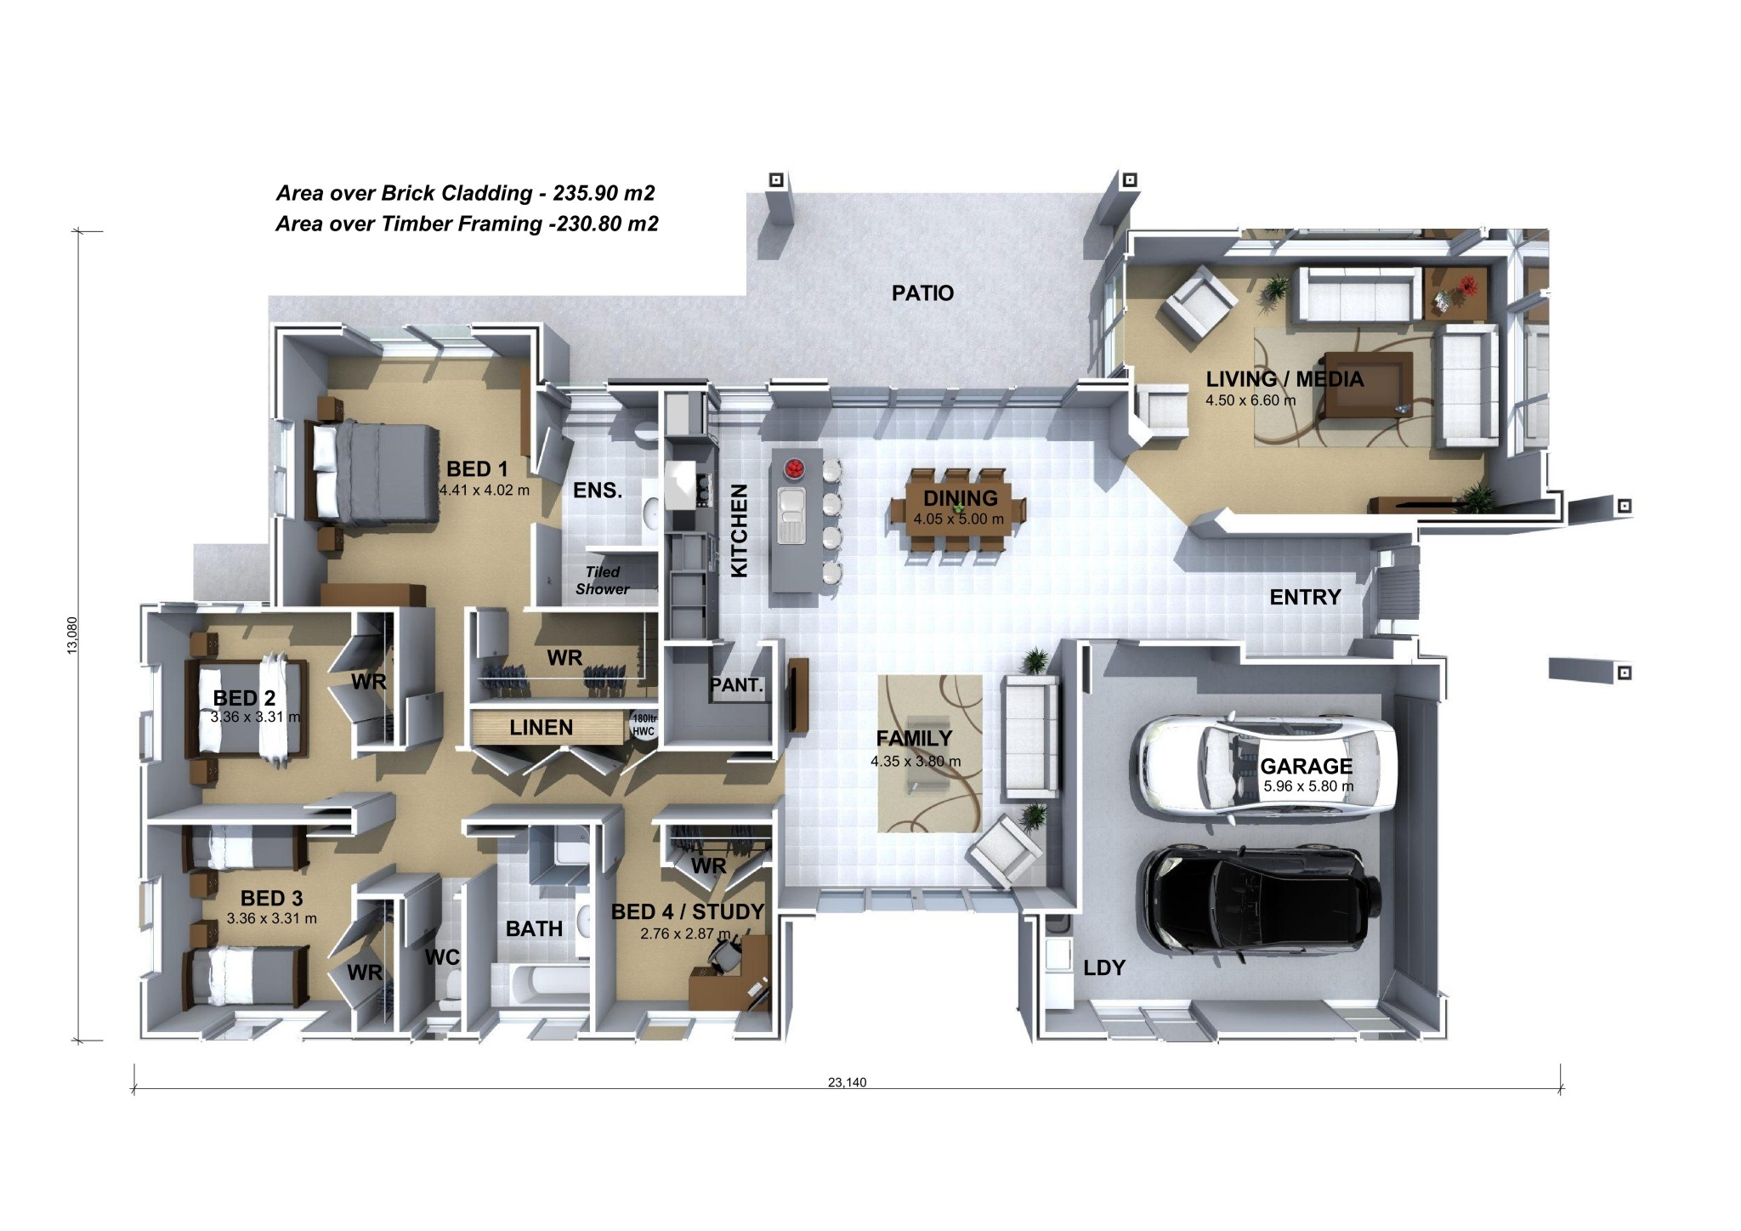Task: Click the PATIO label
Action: (922, 293)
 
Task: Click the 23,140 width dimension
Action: (848, 1082)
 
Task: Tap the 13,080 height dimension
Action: (72, 635)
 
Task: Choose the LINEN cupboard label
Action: (542, 728)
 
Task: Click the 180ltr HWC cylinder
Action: (643, 725)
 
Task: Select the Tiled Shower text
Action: (603, 581)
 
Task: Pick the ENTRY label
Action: (1305, 598)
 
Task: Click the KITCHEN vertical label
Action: (740, 530)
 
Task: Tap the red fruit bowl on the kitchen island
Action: (795, 467)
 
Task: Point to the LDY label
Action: (1104, 967)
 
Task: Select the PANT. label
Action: (736, 685)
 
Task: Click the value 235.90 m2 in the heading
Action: (604, 193)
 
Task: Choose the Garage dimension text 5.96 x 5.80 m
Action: (1308, 786)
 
